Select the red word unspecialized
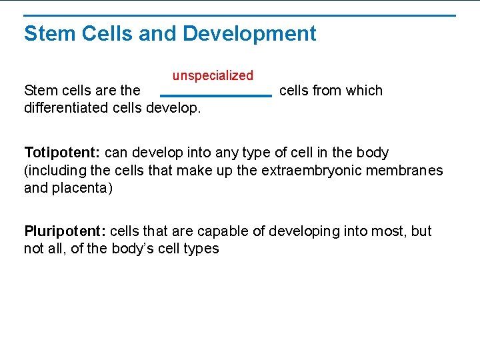pos(213,76)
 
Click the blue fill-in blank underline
pos(216,96)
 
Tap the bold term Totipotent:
pos(63,153)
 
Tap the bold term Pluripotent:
pos(65,231)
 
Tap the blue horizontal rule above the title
pos(239,15)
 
